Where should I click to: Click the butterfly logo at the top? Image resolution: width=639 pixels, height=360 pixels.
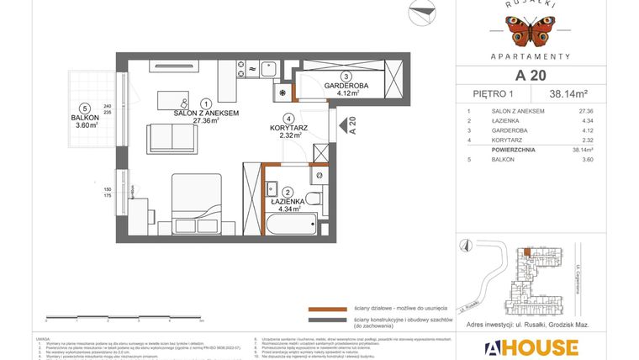[529, 31]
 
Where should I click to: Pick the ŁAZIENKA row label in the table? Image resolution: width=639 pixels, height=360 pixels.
[507, 120]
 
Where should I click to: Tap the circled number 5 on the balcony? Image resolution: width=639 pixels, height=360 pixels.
[85, 108]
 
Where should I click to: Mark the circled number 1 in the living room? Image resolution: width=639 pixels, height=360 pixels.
[207, 103]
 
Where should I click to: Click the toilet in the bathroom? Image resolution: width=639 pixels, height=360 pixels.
[312, 199]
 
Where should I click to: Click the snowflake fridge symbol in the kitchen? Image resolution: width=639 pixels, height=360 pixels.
[283, 93]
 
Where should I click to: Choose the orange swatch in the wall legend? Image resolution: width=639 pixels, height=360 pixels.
[323, 309]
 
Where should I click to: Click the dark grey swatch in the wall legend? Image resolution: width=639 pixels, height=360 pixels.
[323, 320]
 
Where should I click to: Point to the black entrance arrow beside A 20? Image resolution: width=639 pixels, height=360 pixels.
[342, 126]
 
